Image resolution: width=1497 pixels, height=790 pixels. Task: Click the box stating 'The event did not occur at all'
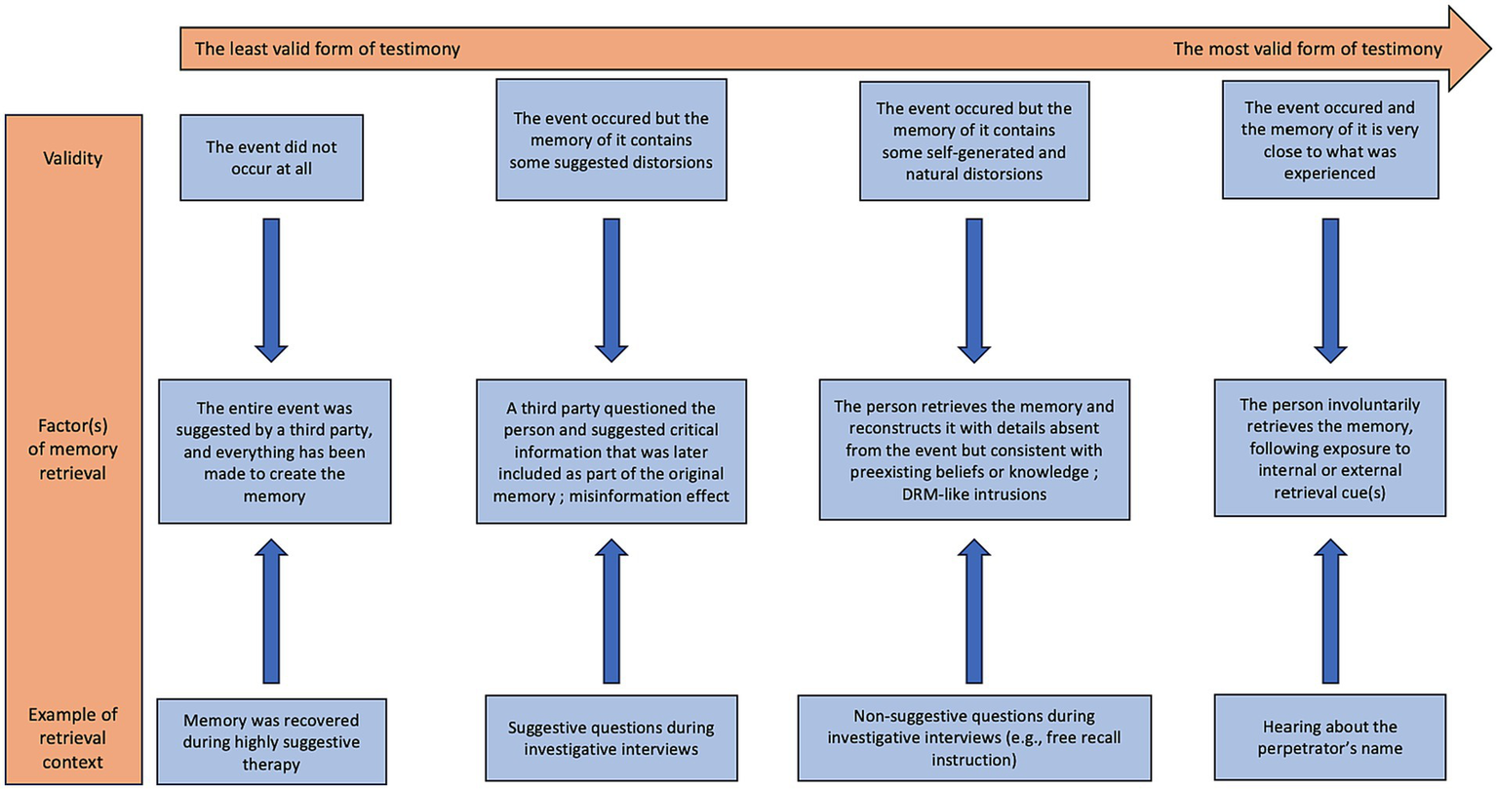click(x=271, y=157)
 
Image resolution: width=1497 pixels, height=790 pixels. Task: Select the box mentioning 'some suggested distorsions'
click(x=611, y=139)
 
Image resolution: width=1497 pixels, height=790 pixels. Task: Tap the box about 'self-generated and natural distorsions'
click(x=973, y=141)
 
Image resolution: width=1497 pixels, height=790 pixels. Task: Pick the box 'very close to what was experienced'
click(x=1329, y=139)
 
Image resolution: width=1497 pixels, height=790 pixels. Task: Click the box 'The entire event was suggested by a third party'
click(x=274, y=452)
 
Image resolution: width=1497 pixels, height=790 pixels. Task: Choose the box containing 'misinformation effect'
click(x=611, y=452)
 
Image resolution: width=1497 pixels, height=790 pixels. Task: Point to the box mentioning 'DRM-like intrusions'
click(x=973, y=450)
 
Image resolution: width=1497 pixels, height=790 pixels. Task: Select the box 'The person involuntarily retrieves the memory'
click(x=1329, y=448)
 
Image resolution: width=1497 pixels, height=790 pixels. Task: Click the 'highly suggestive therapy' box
click(x=271, y=741)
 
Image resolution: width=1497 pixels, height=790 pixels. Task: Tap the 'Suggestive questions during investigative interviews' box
click(x=611, y=738)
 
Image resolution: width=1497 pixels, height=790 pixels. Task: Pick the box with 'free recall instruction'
click(x=973, y=737)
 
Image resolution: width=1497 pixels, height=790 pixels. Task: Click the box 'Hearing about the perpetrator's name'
click(x=1329, y=737)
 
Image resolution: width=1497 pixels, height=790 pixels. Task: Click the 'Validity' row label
click(x=73, y=158)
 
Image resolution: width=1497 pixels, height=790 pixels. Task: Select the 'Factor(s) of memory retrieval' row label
click(x=73, y=450)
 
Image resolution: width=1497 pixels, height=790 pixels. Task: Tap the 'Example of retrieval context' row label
click(x=73, y=738)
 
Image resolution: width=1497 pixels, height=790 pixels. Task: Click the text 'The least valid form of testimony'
click(x=327, y=49)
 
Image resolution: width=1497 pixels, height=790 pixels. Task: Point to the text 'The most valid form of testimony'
click(x=1306, y=49)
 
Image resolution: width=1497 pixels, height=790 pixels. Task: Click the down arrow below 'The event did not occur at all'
click(x=271, y=290)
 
